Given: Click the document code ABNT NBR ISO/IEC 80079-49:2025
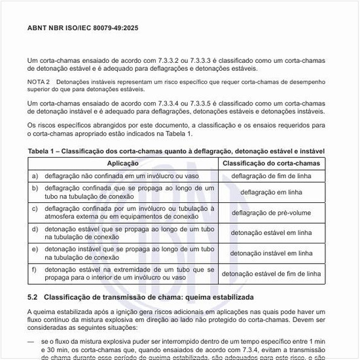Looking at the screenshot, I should [82, 29].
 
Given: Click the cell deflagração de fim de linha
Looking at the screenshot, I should [272, 176].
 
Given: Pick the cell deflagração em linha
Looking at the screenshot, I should [272, 192].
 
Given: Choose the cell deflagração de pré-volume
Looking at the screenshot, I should [272, 213].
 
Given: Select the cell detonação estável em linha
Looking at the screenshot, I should [272, 232].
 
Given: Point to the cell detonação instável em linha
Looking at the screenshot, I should [272, 253].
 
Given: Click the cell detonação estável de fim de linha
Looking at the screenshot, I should [272, 274].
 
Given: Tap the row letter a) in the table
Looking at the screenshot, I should [35, 176].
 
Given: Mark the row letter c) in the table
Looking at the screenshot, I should [35, 208].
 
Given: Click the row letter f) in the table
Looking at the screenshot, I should [35, 269].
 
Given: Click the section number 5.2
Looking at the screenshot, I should [33, 298].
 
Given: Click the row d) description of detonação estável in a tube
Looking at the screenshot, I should [129, 232].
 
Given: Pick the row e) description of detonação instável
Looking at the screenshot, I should [129, 253].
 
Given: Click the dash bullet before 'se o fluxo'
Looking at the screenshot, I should [31, 341].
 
